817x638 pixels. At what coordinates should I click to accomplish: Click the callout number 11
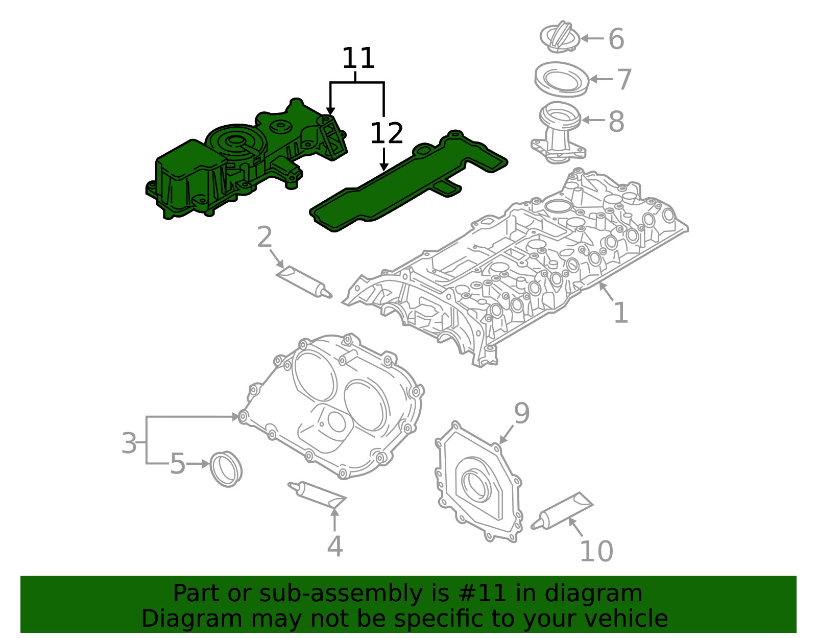[358, 59]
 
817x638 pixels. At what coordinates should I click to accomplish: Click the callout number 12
[387, 134]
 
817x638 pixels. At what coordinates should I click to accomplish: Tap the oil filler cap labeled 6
[560, 37]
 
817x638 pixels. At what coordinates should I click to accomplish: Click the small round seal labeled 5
[226, 468]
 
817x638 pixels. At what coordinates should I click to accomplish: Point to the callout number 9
[521, 413]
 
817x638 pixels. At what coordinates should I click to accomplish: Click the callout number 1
[620, 313]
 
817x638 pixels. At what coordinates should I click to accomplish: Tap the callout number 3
[129, 443]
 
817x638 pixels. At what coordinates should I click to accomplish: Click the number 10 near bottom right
[596, 552]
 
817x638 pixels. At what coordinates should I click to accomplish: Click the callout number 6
[616, 39]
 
